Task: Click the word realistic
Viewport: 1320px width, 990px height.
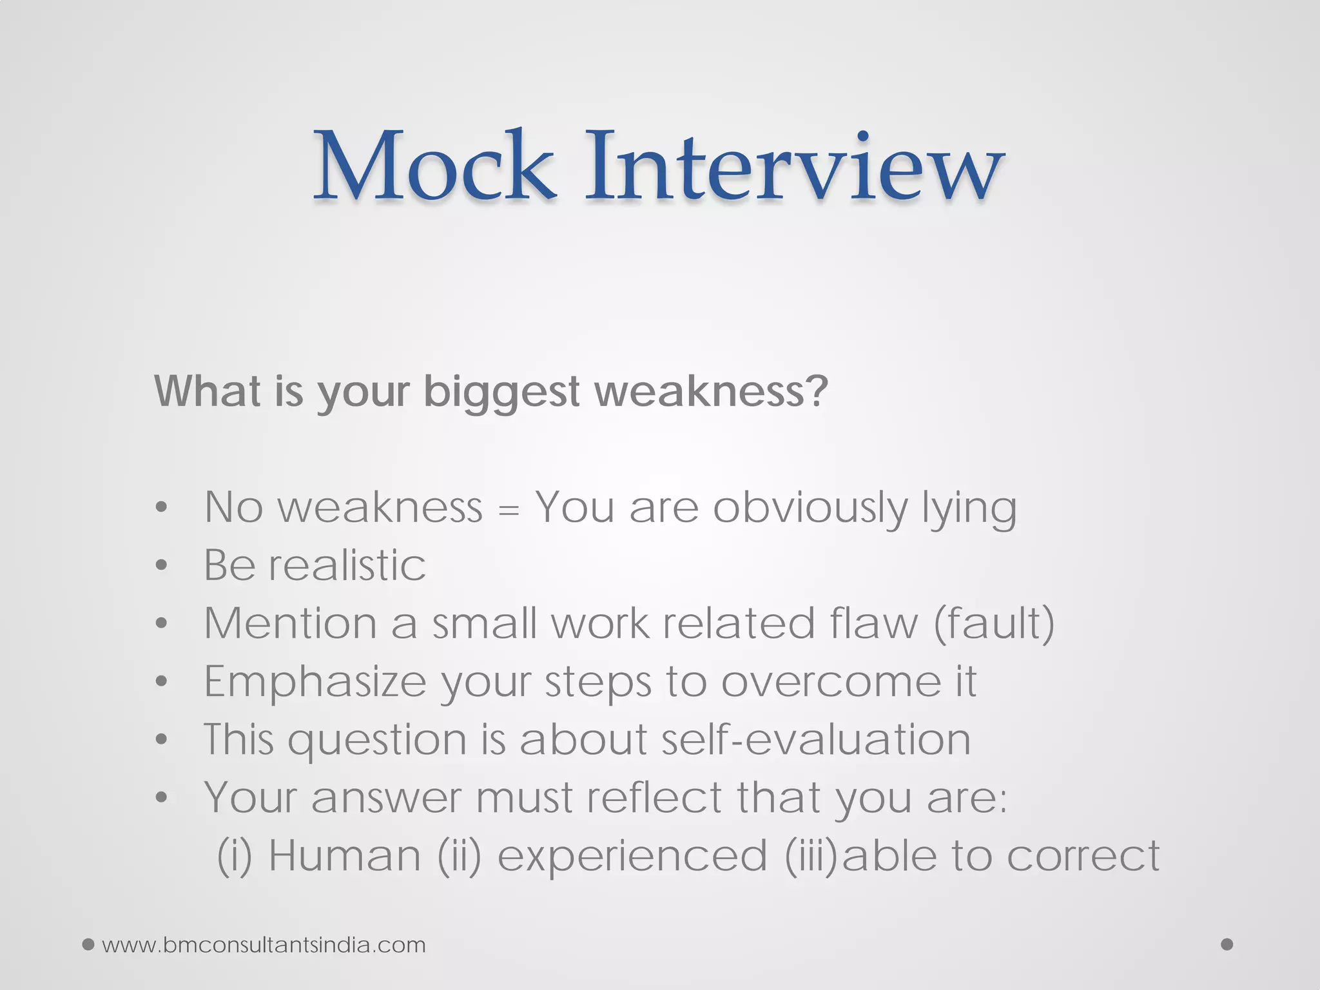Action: pos(347,565)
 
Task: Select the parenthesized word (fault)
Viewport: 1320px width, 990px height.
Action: pos(994,624)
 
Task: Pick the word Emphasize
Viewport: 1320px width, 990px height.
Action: pos(315,682)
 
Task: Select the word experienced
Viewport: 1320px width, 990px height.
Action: pos(632,857)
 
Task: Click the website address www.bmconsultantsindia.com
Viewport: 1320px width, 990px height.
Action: pos(264,945)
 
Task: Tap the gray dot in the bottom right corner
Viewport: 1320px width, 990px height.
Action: pos(1227,944)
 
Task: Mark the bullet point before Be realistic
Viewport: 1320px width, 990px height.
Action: pos(161,565)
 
